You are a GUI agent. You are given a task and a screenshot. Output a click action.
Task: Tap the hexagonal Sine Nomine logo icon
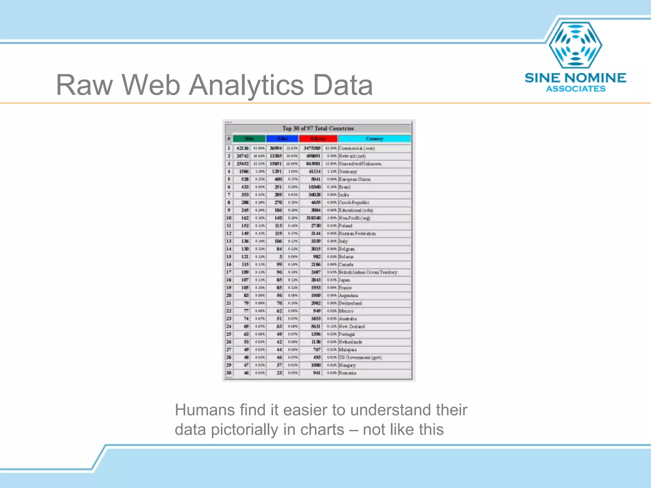tap(575, 45)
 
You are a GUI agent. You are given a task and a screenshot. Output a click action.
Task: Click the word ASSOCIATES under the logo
tap(576, 89)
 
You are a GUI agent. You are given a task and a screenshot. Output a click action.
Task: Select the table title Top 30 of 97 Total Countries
tap(318, 128)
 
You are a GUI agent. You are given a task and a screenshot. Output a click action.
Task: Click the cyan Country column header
tap(374, 139)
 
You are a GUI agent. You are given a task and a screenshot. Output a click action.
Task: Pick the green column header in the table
tap(249, 139)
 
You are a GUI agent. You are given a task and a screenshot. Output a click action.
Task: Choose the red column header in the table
tap(318, 139)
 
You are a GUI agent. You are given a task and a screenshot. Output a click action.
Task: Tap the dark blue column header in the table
tap(282, 139)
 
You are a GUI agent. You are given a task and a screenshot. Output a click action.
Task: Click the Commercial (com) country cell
tap(357, 148)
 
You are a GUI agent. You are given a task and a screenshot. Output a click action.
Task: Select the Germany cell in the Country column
tap(348, 172)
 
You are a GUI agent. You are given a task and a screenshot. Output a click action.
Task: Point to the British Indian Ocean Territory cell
tap(368, 272)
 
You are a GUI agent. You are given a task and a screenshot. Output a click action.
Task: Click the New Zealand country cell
tap(352, 326)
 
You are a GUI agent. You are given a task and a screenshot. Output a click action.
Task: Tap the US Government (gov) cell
tap(360, 357)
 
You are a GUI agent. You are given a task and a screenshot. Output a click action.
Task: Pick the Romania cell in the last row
tap(347, 373)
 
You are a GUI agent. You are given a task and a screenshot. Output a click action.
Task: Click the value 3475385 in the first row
tap(312, 148)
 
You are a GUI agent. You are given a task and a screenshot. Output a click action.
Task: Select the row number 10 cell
tap(229, 218)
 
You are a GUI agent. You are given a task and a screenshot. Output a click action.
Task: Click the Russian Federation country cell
tap(357, 234)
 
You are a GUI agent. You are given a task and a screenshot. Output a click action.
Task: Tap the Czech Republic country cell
tap(354, 202)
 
